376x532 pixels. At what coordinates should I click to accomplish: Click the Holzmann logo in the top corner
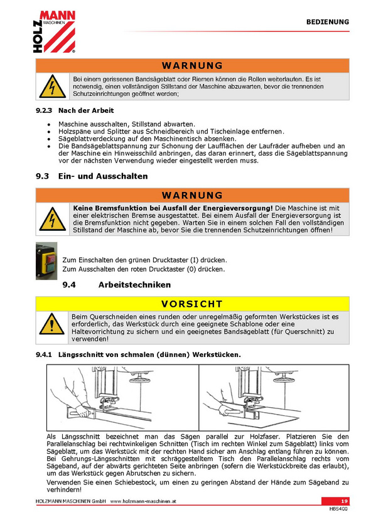(54, 32)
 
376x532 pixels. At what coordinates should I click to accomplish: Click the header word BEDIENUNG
(328, 22)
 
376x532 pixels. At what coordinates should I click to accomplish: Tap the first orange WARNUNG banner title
(193, 65)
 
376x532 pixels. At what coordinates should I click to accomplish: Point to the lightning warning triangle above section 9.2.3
(52, 87)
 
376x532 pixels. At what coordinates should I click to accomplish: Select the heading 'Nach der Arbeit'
(86, 110)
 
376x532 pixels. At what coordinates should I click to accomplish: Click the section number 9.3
(43, 176)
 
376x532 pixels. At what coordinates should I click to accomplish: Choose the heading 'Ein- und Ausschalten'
(103, 176)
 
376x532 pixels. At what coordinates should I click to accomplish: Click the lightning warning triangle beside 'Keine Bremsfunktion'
(52, 219)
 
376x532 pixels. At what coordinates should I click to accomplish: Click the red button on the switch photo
(51, 259)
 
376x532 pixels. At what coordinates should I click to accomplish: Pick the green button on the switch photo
(51, 268)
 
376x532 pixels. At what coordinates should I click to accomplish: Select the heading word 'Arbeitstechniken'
(134, 285)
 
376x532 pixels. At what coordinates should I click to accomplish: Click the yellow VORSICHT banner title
(192, 304)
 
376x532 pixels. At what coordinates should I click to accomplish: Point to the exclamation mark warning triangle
(51, 324)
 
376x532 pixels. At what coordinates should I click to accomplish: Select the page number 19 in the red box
(345, 501)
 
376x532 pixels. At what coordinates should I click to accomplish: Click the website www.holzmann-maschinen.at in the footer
(143, 501)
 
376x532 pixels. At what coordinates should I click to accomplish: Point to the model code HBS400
(338, 509)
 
